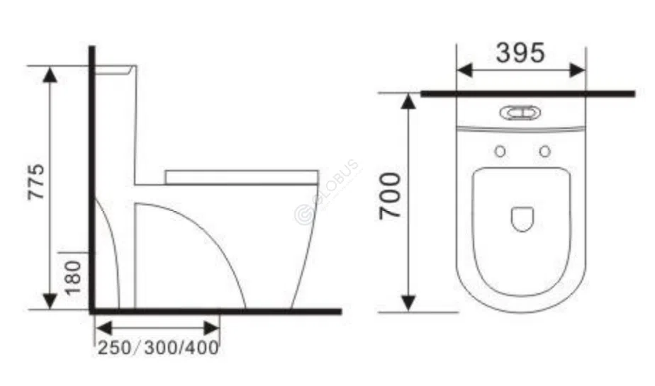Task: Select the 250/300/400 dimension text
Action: (157, 348)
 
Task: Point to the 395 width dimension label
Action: (520, 52)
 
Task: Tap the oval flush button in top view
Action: (520, 113)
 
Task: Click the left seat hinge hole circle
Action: (500, 151)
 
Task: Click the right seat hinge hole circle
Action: (544, 151)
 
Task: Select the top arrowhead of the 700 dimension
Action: (407, 101)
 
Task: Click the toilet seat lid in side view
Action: (241, 176)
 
